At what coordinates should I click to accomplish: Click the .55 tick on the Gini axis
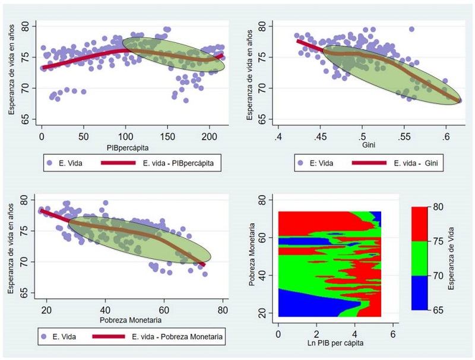404,137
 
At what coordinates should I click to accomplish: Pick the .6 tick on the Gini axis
445,137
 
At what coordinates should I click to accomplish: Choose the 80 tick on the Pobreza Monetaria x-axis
222,310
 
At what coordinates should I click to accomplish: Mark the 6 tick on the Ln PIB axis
392,334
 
